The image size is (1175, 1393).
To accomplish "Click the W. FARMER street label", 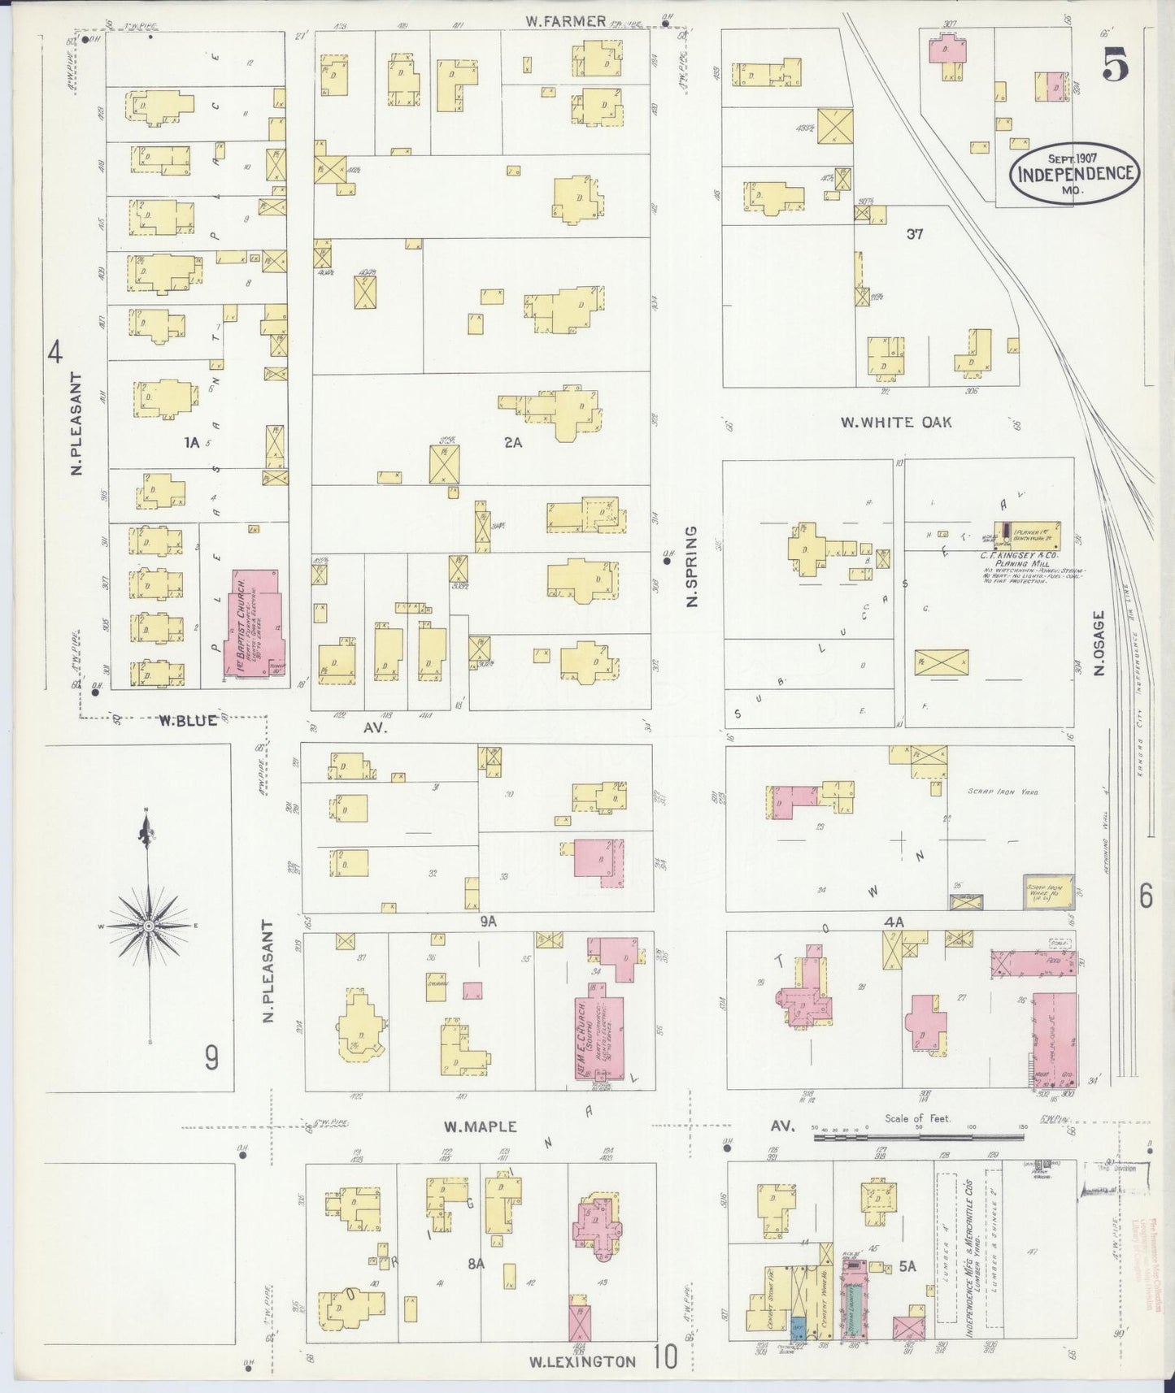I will point(565,22).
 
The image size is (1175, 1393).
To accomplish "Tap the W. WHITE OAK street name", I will point(895,423).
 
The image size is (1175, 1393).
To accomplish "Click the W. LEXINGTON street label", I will point(582,1361).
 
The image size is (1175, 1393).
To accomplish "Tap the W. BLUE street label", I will point(188,719).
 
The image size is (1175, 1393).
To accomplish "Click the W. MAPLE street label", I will point(480,1126).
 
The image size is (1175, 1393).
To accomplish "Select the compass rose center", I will point(149,926).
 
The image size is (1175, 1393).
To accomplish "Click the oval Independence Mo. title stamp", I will point(1075,172).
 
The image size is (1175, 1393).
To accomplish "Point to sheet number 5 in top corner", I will point(1115,63).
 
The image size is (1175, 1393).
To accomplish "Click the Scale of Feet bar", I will point(919,1138).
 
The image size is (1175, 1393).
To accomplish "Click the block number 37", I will point(916,234).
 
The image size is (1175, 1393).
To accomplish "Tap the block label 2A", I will point(512,443).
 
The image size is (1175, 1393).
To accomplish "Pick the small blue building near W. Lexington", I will point(798,1328).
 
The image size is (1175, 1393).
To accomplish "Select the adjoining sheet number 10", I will point(664,1356).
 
